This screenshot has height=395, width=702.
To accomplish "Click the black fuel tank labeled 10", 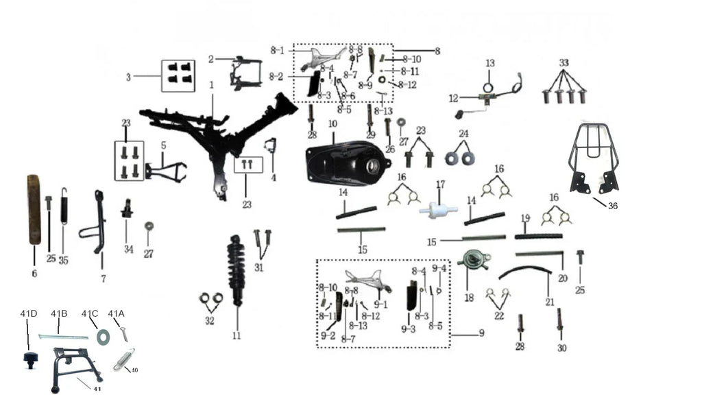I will [346, 164].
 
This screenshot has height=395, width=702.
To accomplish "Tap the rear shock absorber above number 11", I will [237, 270].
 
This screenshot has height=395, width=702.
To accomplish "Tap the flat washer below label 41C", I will [104, 336].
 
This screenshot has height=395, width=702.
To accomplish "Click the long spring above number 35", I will [64, 205].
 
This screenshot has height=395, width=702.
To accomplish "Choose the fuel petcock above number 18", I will [469, 263].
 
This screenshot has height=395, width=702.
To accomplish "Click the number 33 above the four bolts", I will [563, 62].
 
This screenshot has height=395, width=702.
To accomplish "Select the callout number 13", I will [490, 63].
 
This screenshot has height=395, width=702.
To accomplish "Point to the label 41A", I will [116, 313].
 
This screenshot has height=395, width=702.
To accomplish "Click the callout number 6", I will [34, 273].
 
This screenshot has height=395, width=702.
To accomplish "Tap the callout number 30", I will [562, 348].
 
